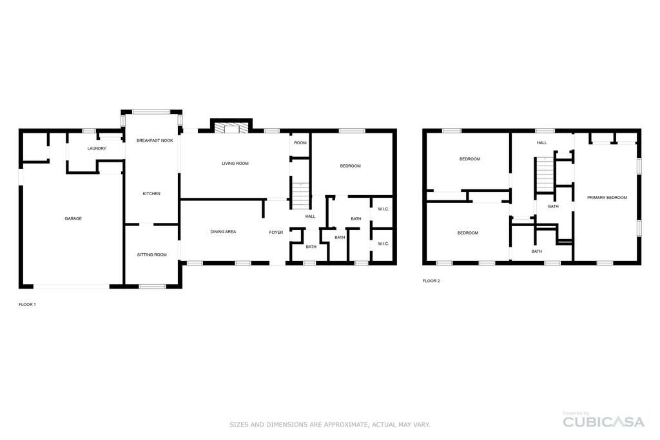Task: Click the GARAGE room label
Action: [x=73, y=219]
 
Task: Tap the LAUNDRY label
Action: [x=97, y=148]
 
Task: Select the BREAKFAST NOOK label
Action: [x=155, y=140]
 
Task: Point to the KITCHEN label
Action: [x=151, y=193]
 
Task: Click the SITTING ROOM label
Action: [x=152, y=254]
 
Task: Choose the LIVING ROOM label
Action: [x=235, y=163]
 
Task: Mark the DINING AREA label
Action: [x=223, y=232]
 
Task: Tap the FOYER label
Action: [x=276, y=232]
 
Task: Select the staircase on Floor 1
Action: [x=301, y=196]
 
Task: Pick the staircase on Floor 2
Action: [x=545, y=174]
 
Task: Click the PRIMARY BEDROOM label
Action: [x=607, y=197]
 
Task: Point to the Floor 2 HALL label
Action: [x=541, y=142]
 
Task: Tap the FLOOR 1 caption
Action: [x=27, y=305]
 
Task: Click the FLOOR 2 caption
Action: [x=431, y=281]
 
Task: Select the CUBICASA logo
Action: [x=603, y=421]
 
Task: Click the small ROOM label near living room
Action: [x=300, y=142]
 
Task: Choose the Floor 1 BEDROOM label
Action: [x=350, y=166]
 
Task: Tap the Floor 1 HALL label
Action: [x=310, y=216]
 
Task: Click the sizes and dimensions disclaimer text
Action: [x=330, y=425]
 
